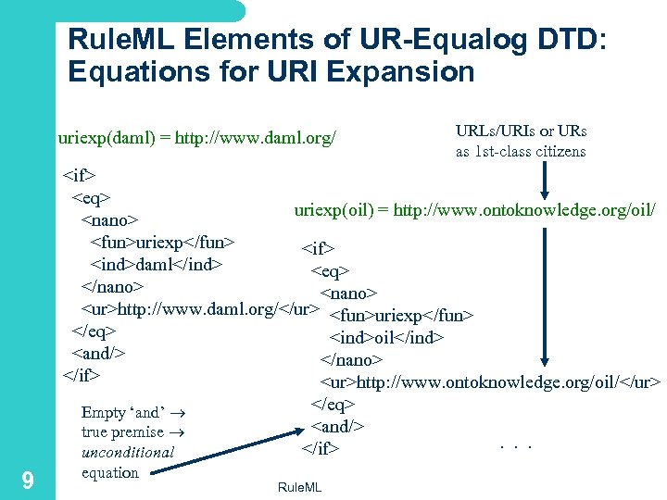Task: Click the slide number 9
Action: [28, 480]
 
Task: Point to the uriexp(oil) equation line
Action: [475, 210]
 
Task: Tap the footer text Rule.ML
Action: [299, 487]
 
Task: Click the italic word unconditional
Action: [128, 453]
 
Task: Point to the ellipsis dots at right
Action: [515, 447]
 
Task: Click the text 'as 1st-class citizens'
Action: [521, 151]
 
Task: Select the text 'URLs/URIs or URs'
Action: [521, 131]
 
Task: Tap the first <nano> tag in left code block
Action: [109, 219]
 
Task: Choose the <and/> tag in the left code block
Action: [98, 353]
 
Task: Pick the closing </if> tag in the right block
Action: [320, 449]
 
